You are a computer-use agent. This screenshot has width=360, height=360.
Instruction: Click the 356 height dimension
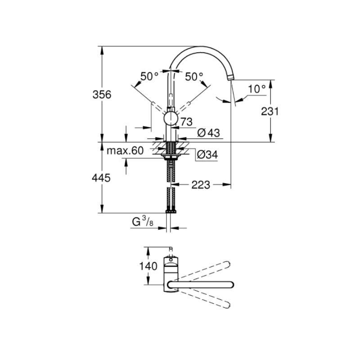[x=102, y=94]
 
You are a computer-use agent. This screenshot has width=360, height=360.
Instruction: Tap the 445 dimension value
[x=101, y=178]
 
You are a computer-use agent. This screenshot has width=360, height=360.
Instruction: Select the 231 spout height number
[x=270, y=112]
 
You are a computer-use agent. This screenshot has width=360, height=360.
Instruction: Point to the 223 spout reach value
[x=201, y=185]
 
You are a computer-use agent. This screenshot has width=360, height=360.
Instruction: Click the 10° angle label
[x=256, y=89]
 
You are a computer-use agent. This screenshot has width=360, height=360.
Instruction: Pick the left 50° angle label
[x=149, y=76]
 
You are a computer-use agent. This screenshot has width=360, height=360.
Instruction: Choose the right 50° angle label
[x=194, y=76]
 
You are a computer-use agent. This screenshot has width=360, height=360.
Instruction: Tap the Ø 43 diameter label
[x=208, y=133]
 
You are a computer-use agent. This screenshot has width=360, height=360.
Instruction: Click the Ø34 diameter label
[x=207, y=155]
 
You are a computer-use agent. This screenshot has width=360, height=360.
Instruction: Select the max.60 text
[x=126, y=151]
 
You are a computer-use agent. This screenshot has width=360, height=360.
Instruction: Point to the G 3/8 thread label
[x=143, y=222]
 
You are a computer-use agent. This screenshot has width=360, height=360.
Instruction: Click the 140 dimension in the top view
[x=148, y=266]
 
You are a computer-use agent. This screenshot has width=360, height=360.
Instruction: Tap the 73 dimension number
[x=186, y=122]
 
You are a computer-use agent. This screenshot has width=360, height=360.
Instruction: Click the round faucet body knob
[x=171, y=119]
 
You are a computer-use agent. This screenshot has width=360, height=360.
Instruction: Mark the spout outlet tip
[x=230, y=77]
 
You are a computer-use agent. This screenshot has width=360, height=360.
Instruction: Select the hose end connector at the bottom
[x=171, y=211]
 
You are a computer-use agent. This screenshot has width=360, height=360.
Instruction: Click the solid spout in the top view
[x=201, y=285]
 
